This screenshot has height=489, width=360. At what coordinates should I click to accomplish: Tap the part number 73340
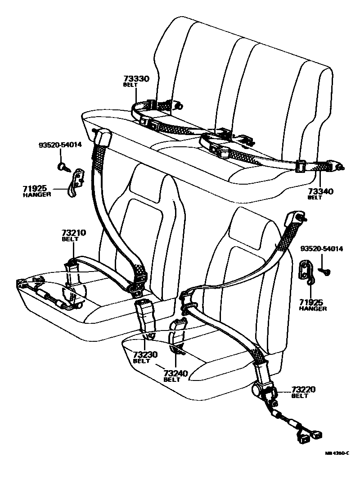coord(320,192)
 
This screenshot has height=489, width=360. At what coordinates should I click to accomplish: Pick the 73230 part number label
coord(145,354)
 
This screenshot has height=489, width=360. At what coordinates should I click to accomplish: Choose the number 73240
coord(175,373)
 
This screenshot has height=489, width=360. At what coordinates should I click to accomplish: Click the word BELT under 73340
coord(315,198)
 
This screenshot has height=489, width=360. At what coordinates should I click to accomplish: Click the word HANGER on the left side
coord(37,195)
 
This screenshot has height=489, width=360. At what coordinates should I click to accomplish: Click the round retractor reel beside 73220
coord(259,389)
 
